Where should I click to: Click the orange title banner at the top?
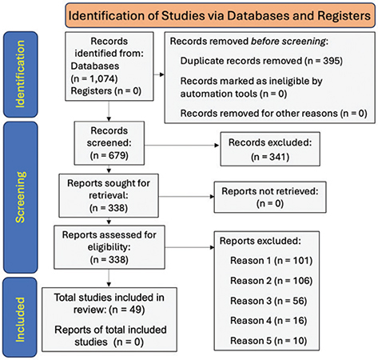pyautogui.click(x=220, y=15)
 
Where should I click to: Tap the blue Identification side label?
pyautogui.click(x=21, y=74)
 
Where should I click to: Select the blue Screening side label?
pyautogui.click(x=21, y=198)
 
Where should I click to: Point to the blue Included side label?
pyautogui.click(x=20, y=318)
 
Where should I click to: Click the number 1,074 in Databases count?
pyautogui.click(x=102, y=78)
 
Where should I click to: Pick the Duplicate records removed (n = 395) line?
pyautogui.click(x=261, y=61)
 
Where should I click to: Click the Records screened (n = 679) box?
pyautogui.click(x=109, y=143)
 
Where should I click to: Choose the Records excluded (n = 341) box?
pyautogui.click(x=270, y=149)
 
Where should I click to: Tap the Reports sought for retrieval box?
pyautogui.click(x=109, y=196)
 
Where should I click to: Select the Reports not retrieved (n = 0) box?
pyautogui.click(x=270, y=198)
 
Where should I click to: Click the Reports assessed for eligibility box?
pyautogui.click(x=109, y=247)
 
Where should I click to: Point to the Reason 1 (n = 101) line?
pyautogui.click(x=271, y=261)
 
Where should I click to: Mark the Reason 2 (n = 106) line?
pyautogui.click(x=271, y=281)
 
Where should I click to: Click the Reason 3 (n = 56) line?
pyautogui.click(x=269, y=301)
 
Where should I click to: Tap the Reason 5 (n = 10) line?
pyautogui.click(x=269, y=341)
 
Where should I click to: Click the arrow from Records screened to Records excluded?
pyautogui.click(x=181, y=146)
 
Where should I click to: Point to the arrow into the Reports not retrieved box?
pyautogui.click(x=186, y=197)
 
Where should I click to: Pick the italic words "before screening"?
pyautogui.click(x=288, y=42)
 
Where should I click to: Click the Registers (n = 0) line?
pyautogui.click(x=106, y=91)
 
